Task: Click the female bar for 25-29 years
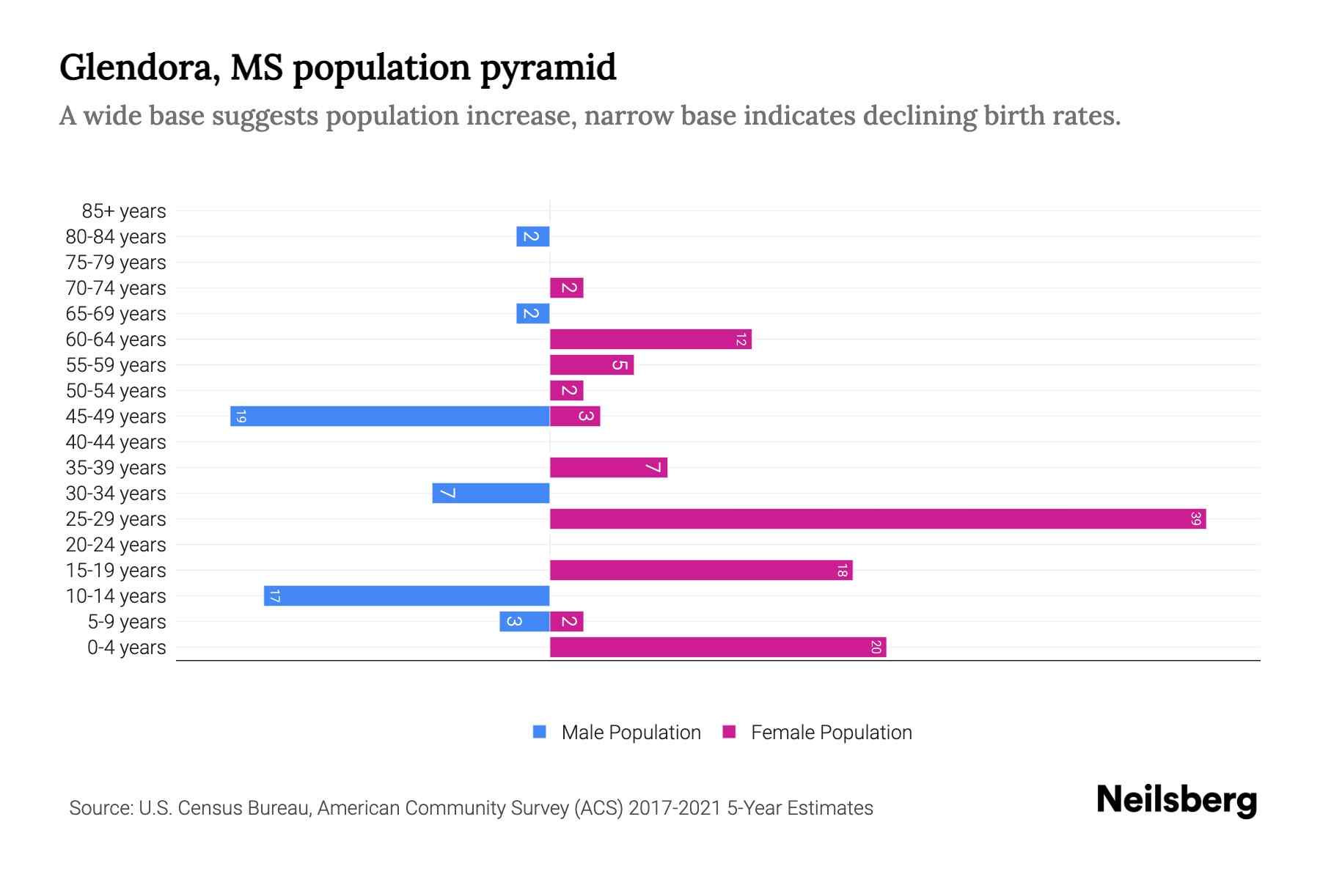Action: pos(878,519)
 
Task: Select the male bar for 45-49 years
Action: pos(390,417)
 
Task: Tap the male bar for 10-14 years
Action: pos(407,596)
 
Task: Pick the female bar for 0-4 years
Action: pos(718,648)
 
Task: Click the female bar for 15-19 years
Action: pos(701,571)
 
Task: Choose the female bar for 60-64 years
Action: pos(650,340)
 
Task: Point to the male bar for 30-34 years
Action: pos(491,494)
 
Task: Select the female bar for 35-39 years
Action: pos(609,468)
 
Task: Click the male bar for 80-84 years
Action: pos(533,237)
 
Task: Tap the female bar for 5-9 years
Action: pos(567,622)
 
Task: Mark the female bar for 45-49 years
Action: pos(575,417)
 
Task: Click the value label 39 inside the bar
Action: pos(1195,519)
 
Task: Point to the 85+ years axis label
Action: pos(124,211)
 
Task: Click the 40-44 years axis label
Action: pos(116,442)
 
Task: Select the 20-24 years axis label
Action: pos(116,545)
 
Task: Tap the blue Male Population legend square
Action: pos(540,732)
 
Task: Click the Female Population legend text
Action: pos(831,733)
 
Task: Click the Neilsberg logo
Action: pos(1176,800)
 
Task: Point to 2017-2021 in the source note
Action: pos(675,808)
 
